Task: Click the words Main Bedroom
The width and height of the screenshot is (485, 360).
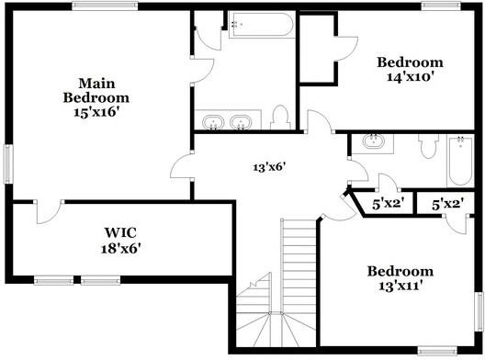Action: pyautogui.click(x=96, y=89)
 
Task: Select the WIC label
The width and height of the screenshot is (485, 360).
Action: pyautogui.click(x=119, y=231)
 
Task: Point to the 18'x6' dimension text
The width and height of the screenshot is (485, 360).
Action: pyautogui.click(x=119, y=247)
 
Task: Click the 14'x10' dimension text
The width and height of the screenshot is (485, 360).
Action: pyautogui.click(x=410, y=77)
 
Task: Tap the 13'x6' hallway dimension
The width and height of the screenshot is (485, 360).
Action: pyautogui.click(x=271, y=167)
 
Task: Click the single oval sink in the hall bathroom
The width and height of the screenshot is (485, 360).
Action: pyautogui.click(x=374, y=142)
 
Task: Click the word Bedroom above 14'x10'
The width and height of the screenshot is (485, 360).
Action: pyautogui.click(x=410, y=62)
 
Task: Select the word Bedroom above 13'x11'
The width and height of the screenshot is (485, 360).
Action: pyautogui.click(x=400, y=271)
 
